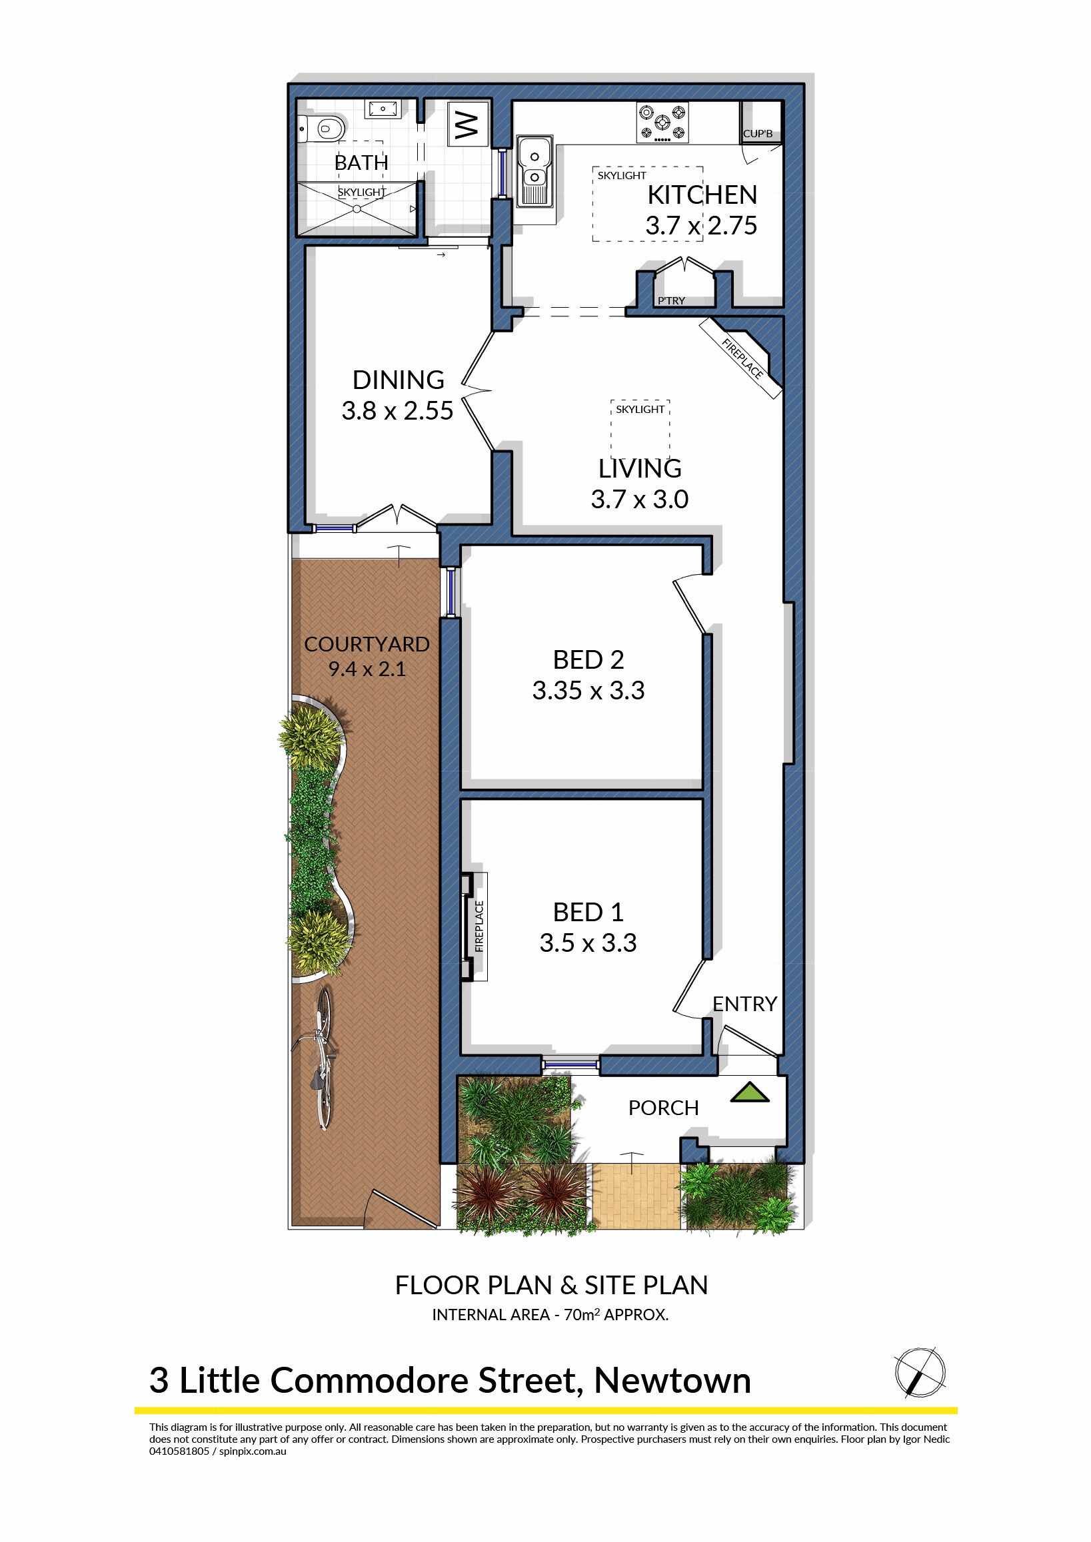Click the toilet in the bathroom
pyautogui.click(x=322, y=127)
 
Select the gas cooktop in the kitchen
pyautogui.click(x=662, y=123)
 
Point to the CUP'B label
pyautogui.click(x=758, y=134)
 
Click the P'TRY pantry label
pyautogui.click(x=671, y=300)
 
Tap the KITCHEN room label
pyautogui.click(x=702, y=194)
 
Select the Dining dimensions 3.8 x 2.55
pyautogui.click(x=398, y=410)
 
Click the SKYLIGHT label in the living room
pyautogui.click(x=640, y=409)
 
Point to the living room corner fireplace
pyautogui.click(x=746, y=356)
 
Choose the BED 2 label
pyautogui.click(x=588, y=659)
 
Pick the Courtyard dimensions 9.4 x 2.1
pyautogui.click(x=367, y=669)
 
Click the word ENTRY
pyautogui.click(x=744, y=1003)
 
